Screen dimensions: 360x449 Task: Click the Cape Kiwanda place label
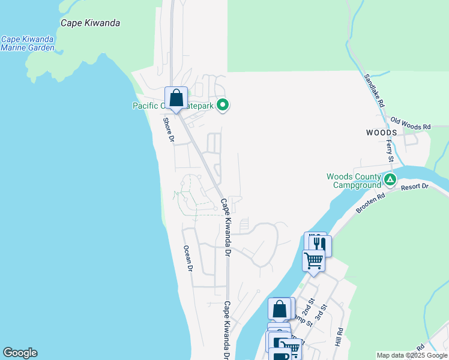[x=91, y=23]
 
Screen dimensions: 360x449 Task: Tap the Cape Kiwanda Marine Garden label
[x=28, y=43]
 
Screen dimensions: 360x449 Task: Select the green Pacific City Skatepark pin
[x=223, y=106]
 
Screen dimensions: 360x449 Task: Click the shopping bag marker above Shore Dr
[x=176, y=98]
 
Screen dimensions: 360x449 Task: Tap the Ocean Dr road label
[x=187, y=258]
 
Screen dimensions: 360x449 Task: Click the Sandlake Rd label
[x=373, y=90]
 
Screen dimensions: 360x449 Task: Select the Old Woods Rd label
[x=411, y=127]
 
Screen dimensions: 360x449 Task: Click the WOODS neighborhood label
[x=381, y=132]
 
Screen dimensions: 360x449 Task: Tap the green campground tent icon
[x=390, y=179]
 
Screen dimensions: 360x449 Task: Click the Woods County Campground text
[x=354, y=181]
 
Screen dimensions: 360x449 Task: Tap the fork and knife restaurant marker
[x=318, y=243]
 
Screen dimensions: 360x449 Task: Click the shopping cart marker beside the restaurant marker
[x=313, y=260]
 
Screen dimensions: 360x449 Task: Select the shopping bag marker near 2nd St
[x=280, y=309]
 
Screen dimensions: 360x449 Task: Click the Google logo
[x=20, y=353]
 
